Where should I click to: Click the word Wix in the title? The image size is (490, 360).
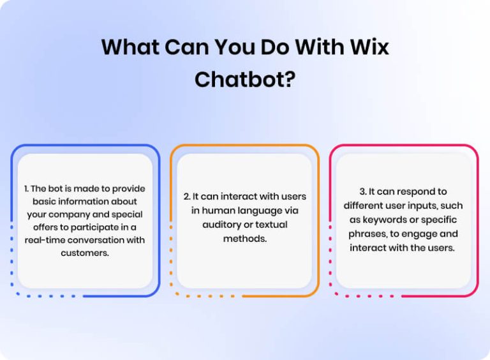tap(368, 47)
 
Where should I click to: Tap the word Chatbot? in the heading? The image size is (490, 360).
tap(244, 79)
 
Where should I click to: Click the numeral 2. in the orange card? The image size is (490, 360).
tap(186, 196)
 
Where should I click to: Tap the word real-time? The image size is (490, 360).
tap(46, 240)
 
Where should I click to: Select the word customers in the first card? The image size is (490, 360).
tap(85, 253)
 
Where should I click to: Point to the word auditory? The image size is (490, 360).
tap(222, 224)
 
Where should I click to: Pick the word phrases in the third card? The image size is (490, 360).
tap(367, 234)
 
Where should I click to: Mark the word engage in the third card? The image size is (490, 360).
tap(421, 234)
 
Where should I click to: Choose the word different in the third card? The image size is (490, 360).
tap(366, 206)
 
